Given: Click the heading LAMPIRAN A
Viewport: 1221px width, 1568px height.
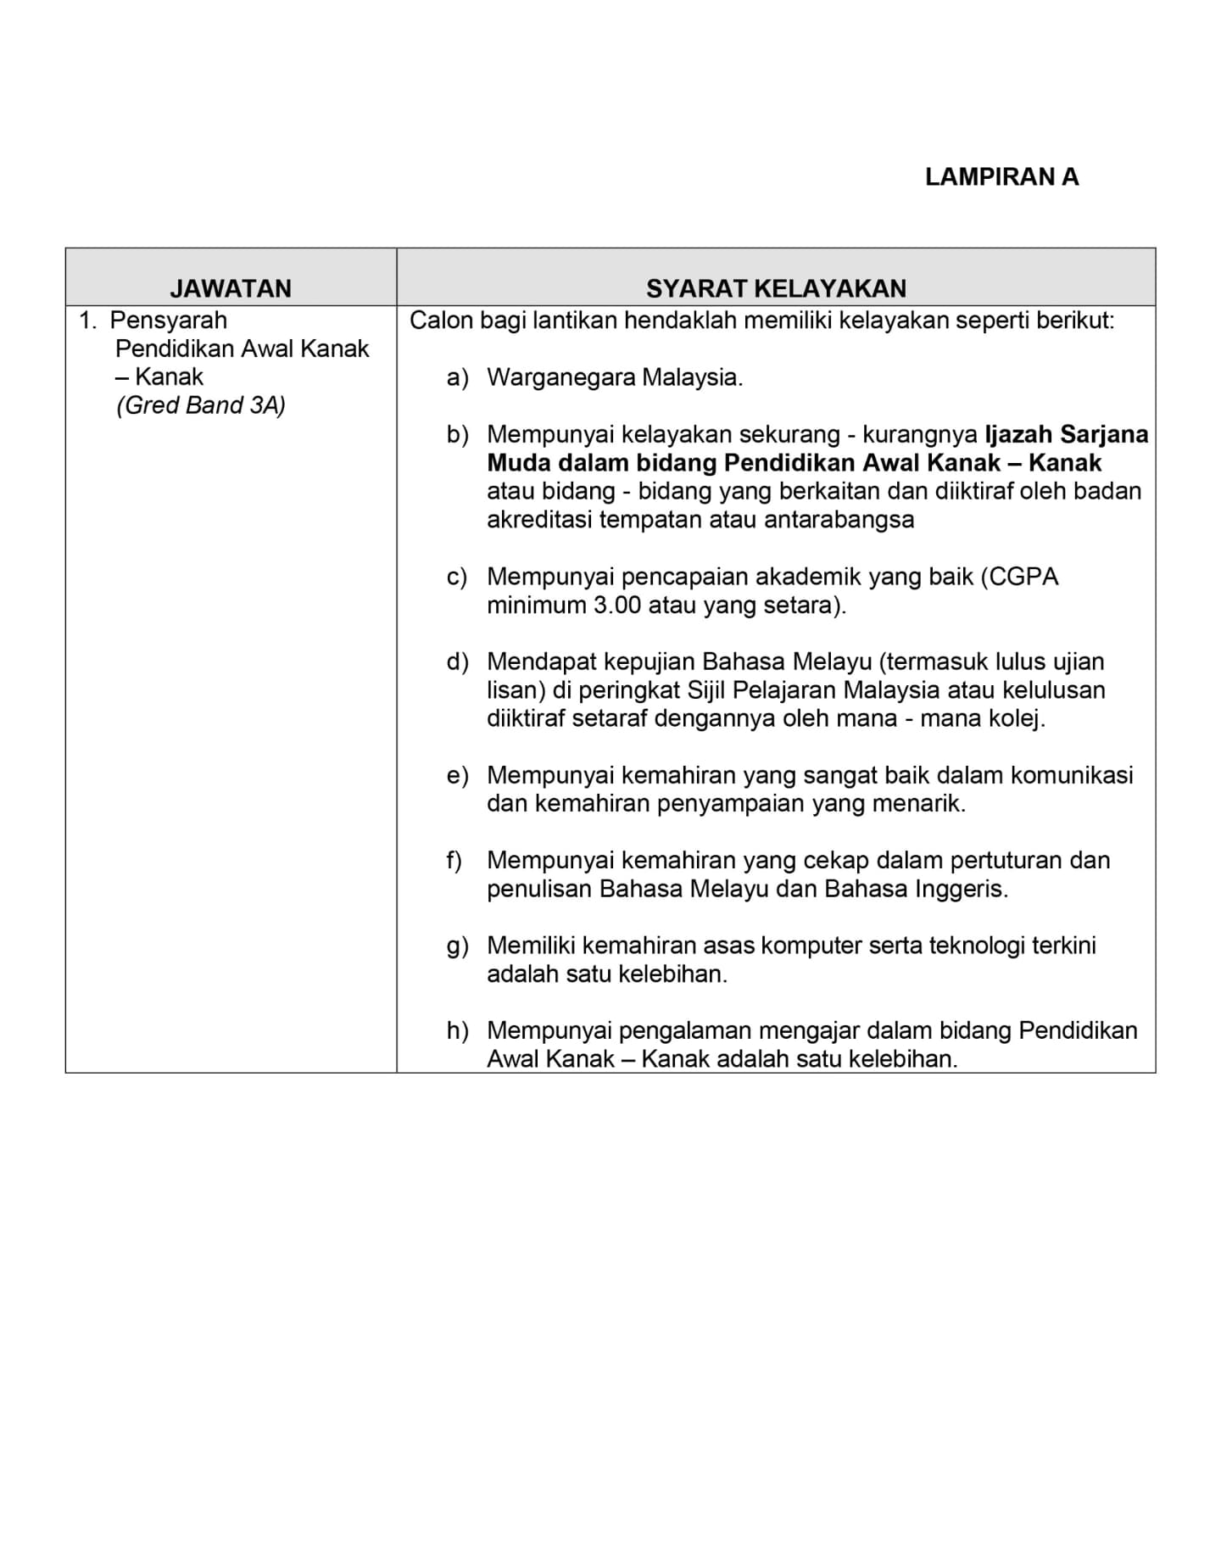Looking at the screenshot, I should click(x=1001, y=177).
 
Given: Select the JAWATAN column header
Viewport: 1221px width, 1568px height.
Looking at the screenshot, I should click(x=231, y=288).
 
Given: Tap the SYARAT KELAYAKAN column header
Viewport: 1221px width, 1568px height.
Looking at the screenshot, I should click(x=776, y=288).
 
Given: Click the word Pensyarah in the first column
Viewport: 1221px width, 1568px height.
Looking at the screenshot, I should click(x=169, y=321).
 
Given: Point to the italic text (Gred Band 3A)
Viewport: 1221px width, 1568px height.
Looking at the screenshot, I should click(x=201, y=405).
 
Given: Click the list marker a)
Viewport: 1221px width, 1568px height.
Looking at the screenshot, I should click(x=457, y=377).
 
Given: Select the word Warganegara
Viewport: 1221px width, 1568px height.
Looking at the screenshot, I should click(x=560, y=377).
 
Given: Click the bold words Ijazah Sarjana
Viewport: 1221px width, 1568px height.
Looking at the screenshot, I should click(x=1066, y=434).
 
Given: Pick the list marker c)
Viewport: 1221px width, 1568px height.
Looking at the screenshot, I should click(x=457, y=577).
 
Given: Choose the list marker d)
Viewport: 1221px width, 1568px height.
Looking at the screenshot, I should click(x=457, y=661).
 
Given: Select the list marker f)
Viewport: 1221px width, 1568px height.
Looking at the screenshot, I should click(x=454, y=860).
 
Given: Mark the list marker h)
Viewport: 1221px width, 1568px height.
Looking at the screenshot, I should click(x=457, y=1030).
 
